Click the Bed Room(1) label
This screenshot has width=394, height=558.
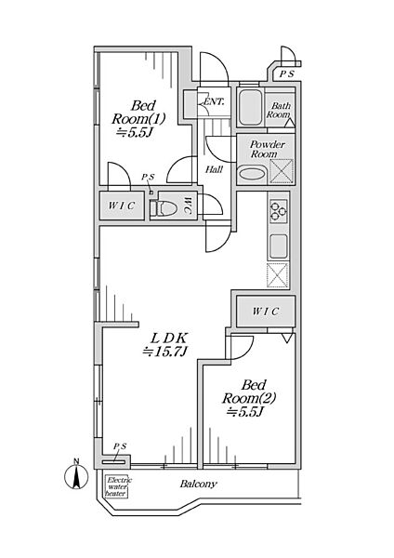click(138, 118)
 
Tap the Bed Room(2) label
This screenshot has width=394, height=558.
click(249, 398)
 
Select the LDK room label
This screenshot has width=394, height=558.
click(164, 344)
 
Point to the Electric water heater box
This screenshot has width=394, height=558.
click(117, 486)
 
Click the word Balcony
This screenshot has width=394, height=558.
click(198, 484)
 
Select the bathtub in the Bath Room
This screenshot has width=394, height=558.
click(250, 108)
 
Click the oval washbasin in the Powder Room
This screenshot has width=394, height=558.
click(252, 175)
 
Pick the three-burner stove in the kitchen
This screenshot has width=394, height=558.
click(279, 211)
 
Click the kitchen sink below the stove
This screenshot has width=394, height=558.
click(279, 246)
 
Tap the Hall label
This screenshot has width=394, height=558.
click(214, 170)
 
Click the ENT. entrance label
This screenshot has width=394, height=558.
click(214, 101)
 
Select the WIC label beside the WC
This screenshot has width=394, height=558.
click(121, 206)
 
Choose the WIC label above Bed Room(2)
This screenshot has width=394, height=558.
click(265, 312)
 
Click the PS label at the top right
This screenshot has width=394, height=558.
click(287, 74)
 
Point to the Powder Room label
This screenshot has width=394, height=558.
click(267, 150)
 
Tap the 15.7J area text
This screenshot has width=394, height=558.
click(164, 352)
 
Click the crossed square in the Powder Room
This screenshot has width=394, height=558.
click(282, 171)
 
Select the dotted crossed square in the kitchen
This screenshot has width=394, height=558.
click(277, 275)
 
